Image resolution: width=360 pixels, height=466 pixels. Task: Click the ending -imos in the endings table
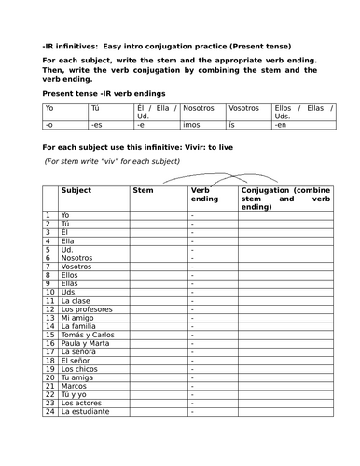(192, 123)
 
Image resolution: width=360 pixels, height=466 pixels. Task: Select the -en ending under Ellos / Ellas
(281, 123)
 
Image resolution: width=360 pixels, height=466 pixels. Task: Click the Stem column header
(144, 190)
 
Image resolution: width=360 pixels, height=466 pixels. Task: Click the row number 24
(48, 411)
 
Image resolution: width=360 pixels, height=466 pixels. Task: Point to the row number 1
(48, 215)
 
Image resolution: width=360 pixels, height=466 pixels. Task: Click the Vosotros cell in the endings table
(243, 107)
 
